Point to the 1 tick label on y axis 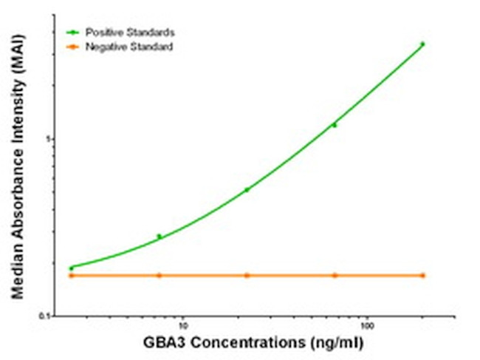pos(50,139)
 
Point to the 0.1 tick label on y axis pos(46,316)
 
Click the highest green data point pos(422,44)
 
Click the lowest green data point pos(72,268)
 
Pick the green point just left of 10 pos(159,237)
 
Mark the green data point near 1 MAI pos(335,125)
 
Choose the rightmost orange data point pos(422,275)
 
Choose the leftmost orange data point pos(72,275)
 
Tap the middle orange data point pos(247,275)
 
